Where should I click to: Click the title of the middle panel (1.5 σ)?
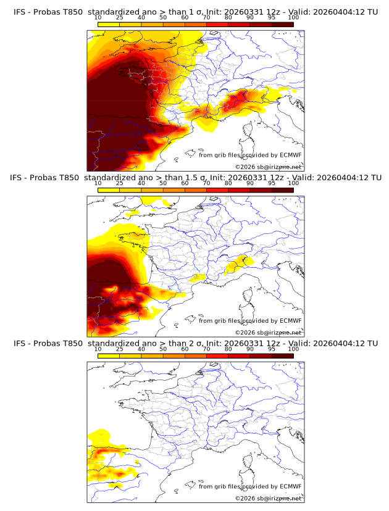click(195, 178)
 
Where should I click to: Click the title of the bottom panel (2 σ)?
click(195, 343)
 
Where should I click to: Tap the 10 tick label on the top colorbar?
click(98, 19)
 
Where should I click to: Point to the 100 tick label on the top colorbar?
click(293, 19)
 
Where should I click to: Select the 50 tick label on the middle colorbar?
click(163, 184)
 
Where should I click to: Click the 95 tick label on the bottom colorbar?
click(272, 349)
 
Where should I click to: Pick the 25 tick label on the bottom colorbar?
click(119, 349)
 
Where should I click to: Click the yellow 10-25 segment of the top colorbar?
click(109, 25)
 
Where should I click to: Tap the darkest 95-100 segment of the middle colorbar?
click(282, 190)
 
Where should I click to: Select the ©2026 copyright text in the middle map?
click(268, 332)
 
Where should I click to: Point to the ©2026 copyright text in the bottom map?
click(268, 498)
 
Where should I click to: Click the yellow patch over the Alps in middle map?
click(238, 264)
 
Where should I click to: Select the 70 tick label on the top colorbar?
click(206, 19)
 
